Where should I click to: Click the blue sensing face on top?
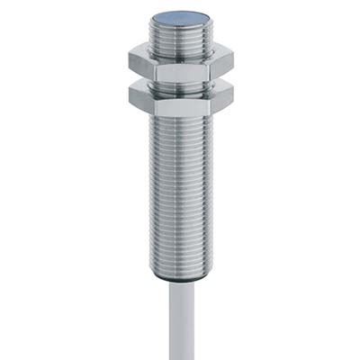point(180,18)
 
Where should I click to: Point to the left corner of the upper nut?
point(130,61)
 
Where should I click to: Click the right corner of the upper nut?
point(233,61)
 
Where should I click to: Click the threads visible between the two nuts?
point(180,83)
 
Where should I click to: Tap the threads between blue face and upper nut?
point(180,36)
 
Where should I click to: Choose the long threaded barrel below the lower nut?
point(180,189)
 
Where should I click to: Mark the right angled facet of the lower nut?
point(221,101)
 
